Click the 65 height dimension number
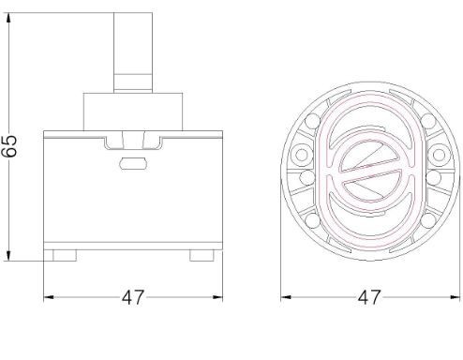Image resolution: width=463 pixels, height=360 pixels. coord(9,146)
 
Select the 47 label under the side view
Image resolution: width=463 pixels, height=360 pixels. coord(133,297)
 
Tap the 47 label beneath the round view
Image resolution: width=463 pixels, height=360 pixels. coord(369,297)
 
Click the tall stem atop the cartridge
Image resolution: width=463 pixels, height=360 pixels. coord(133,52)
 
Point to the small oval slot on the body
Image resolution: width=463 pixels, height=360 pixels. coord(133,163)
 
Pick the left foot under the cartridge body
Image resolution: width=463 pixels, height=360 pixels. coord(65,255)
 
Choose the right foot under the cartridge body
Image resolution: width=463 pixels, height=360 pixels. coord(202,255)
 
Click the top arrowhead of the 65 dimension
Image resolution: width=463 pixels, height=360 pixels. coord(8,18)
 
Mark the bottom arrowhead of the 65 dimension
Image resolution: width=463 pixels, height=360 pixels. coord(8,256)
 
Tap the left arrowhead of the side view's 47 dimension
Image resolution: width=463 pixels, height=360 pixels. coord(49,297)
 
